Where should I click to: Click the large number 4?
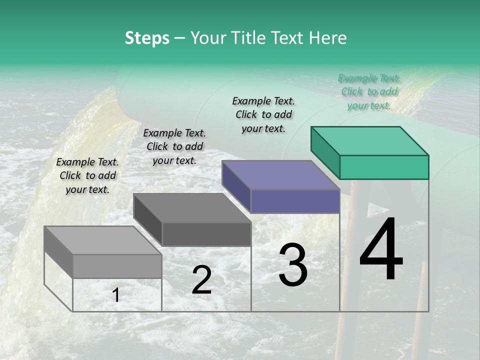point(381,250)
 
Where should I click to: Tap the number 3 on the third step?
point(293,265)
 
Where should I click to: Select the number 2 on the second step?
point(201,280)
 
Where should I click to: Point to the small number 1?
point(115,295)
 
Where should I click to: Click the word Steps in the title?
point(147,38)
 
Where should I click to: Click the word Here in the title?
point(328,38)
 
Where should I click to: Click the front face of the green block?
point(384,167)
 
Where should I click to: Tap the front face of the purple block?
point(295,201)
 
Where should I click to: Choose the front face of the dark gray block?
point(206,234)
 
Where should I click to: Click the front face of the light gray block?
point(117,266)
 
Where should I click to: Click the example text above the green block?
point(369,91)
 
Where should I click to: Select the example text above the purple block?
point(263,114)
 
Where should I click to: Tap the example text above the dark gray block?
point(174,146)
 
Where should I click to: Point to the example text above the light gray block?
point(87,175)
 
